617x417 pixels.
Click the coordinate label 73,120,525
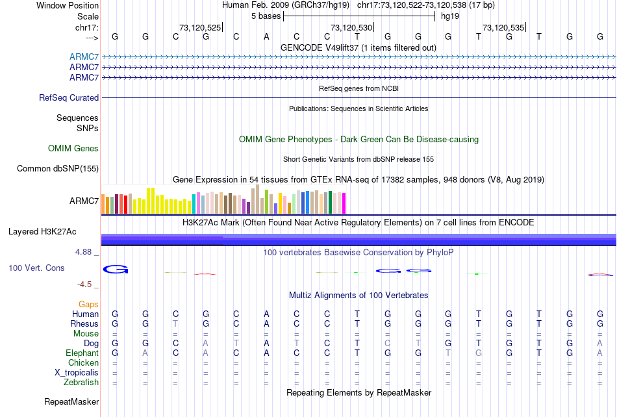click(200, 27)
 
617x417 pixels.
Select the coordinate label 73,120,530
click(351, 27)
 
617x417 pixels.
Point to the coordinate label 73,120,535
click(503, 27)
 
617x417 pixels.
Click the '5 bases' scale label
click(266, 16)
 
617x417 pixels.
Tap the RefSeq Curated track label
click(69, 98)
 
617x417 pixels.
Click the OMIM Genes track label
click(73, 149)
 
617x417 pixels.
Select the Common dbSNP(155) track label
click(58, 169)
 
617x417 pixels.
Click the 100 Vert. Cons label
click(36, 268)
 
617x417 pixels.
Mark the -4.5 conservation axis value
click(87, 284)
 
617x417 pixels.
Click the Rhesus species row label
click(84, 324)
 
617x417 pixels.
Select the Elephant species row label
click(82, 353)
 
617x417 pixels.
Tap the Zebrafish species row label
click(81, 383)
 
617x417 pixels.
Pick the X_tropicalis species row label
click(77, 373)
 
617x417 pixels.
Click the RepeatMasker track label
click(71, 402)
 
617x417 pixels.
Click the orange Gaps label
click(88, 304)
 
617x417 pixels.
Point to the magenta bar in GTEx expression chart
click(344, 204)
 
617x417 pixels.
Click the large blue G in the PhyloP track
click(116, 270)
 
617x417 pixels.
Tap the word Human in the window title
click(235, 5)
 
